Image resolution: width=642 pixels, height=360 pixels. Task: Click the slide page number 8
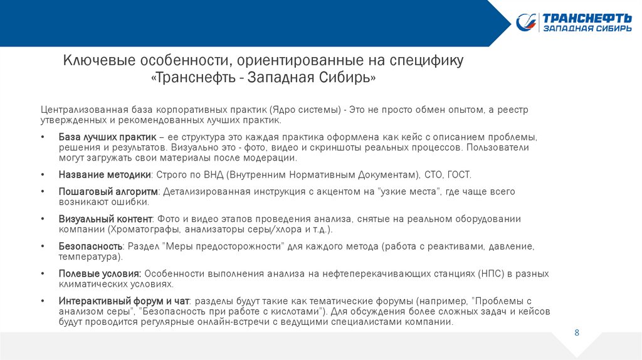click(577, 332)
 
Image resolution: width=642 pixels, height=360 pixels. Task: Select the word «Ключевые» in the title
click(93, 61)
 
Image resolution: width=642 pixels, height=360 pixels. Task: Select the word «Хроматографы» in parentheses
click(132, 230)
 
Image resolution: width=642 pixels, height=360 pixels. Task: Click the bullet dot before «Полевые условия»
click(42, 273)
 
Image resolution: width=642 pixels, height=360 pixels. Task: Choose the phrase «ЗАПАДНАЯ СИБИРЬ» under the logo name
click(587, 29)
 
